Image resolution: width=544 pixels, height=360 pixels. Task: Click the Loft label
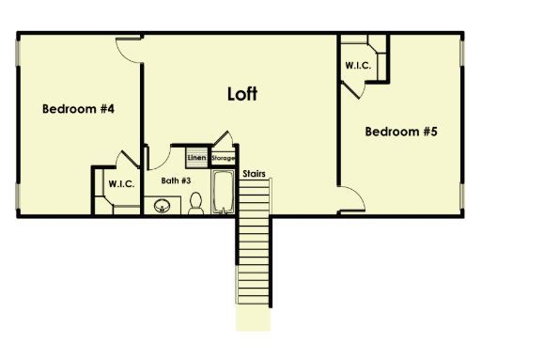(x=242, y=94)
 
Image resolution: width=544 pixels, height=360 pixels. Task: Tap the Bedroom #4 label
(x=78, y=109)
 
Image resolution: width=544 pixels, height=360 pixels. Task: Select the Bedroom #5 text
(x=401, y=132)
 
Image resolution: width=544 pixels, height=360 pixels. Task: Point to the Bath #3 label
(x=176, y=180)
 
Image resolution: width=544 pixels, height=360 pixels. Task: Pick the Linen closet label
(x=196, y=157)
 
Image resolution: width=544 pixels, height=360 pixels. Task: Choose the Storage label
(x=222, y=158)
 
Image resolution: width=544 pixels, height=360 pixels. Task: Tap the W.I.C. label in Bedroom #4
(x=120, y=184)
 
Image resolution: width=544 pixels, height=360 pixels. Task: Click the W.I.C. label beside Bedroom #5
(x=358, y=66)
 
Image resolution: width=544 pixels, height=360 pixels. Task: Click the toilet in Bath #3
(x=196, y=202)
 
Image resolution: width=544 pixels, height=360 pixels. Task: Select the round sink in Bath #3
(x=162, y=204)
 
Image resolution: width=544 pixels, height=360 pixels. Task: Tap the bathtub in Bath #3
(x=223, y=192)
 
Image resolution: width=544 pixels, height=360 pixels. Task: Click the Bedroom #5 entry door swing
(x=350, y=197)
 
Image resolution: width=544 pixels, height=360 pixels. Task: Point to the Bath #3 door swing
(x=156, y=154)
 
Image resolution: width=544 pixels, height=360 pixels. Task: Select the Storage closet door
(x=222, y=140)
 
